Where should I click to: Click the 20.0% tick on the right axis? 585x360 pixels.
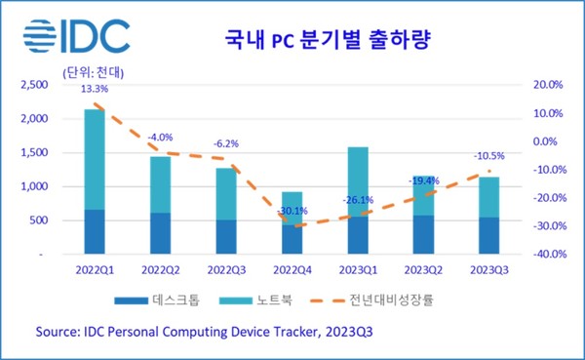543,86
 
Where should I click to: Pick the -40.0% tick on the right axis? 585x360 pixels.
542,255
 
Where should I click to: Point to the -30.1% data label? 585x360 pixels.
293,211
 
